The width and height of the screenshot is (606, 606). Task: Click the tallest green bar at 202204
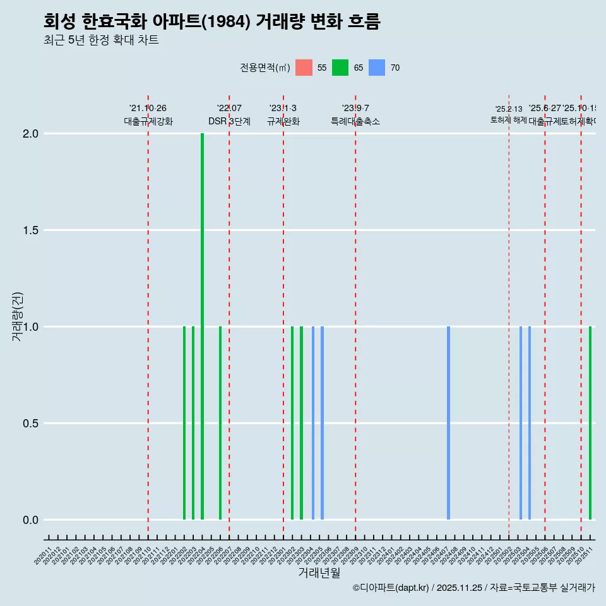click(202, 326)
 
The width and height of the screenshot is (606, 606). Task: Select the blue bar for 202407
click(448, 423)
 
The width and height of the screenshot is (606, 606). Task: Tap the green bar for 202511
click(590, 423)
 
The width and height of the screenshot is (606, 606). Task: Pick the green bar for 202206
click(220, 423)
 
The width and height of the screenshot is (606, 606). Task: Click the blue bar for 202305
click(322, 423)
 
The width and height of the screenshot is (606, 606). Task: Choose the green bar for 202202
click(184, 423)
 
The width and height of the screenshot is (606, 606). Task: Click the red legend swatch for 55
click(304, 68)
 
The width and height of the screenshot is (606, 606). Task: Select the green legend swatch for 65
click(340, 68)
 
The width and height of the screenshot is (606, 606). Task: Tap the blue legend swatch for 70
click(377, 68)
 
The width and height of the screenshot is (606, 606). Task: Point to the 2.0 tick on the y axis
click(32, 134)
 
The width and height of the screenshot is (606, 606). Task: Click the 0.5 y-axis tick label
click(32, 424)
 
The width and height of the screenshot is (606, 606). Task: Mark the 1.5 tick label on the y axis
click(32, 230)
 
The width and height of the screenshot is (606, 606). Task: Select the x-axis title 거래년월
click(319, 573)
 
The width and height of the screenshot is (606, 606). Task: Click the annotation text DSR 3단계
click(230, 121)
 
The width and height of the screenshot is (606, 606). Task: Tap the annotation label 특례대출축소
click(355, 121)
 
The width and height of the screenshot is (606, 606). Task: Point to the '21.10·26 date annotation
click(148, 109)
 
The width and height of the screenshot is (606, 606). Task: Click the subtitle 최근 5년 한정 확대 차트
click(101, 40)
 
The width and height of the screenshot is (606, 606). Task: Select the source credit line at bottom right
click(473, 588)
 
